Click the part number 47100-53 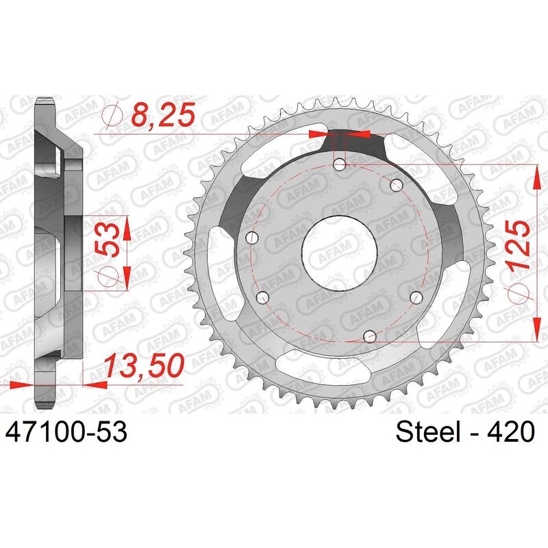point(66,432)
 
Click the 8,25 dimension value point(163,115)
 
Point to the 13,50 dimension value point(144,366)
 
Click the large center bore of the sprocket point(339,253)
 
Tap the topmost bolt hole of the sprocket point(340,164)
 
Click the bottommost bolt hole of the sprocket point(370,337)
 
